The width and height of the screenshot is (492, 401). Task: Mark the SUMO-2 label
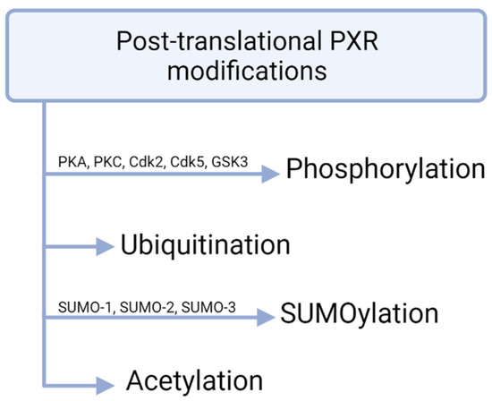tap(145, 307)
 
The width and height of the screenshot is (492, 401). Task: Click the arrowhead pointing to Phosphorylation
tap(271, 176)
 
